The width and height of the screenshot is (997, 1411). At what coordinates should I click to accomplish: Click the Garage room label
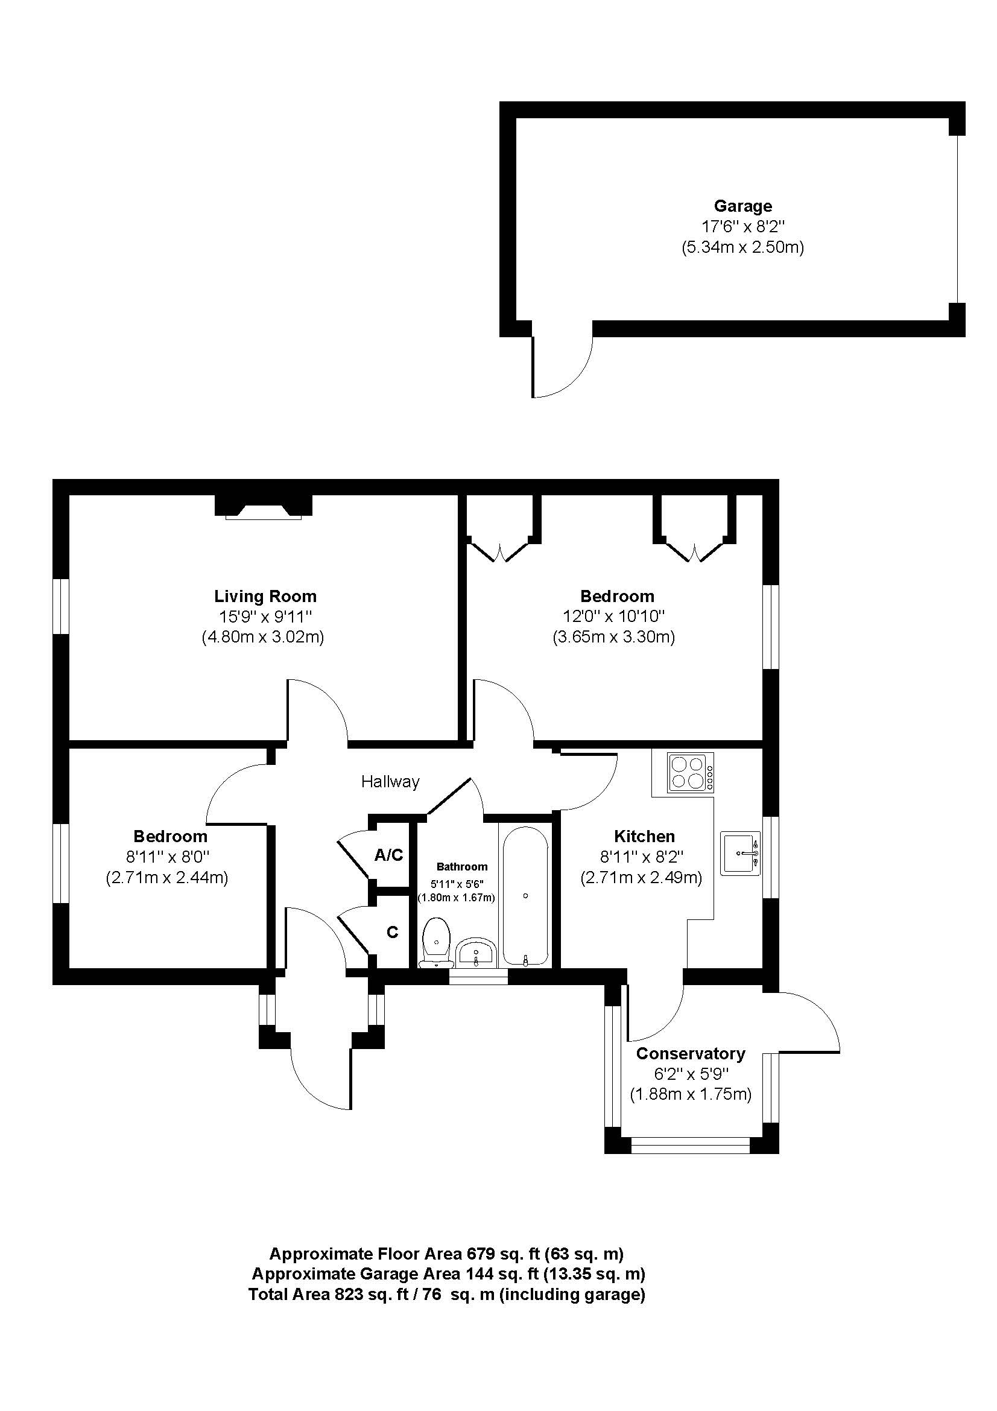point(742,206)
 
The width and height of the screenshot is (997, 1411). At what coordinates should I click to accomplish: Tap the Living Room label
point(265,595)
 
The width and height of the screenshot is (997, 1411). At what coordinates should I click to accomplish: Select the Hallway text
point(390,782)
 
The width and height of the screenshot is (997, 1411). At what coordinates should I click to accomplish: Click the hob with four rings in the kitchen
point(691,772)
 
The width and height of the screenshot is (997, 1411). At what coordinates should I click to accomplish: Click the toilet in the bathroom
point(436,946)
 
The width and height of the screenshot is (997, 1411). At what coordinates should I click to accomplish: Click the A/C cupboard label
point(389,855)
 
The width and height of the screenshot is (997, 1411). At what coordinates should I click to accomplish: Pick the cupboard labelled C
point(392,932)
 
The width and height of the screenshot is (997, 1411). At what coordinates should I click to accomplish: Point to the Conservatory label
point(691,1053)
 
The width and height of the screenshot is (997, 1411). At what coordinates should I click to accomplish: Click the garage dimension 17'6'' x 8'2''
point(742,227)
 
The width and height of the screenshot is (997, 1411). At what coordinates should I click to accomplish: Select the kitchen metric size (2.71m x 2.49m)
point(641,878)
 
